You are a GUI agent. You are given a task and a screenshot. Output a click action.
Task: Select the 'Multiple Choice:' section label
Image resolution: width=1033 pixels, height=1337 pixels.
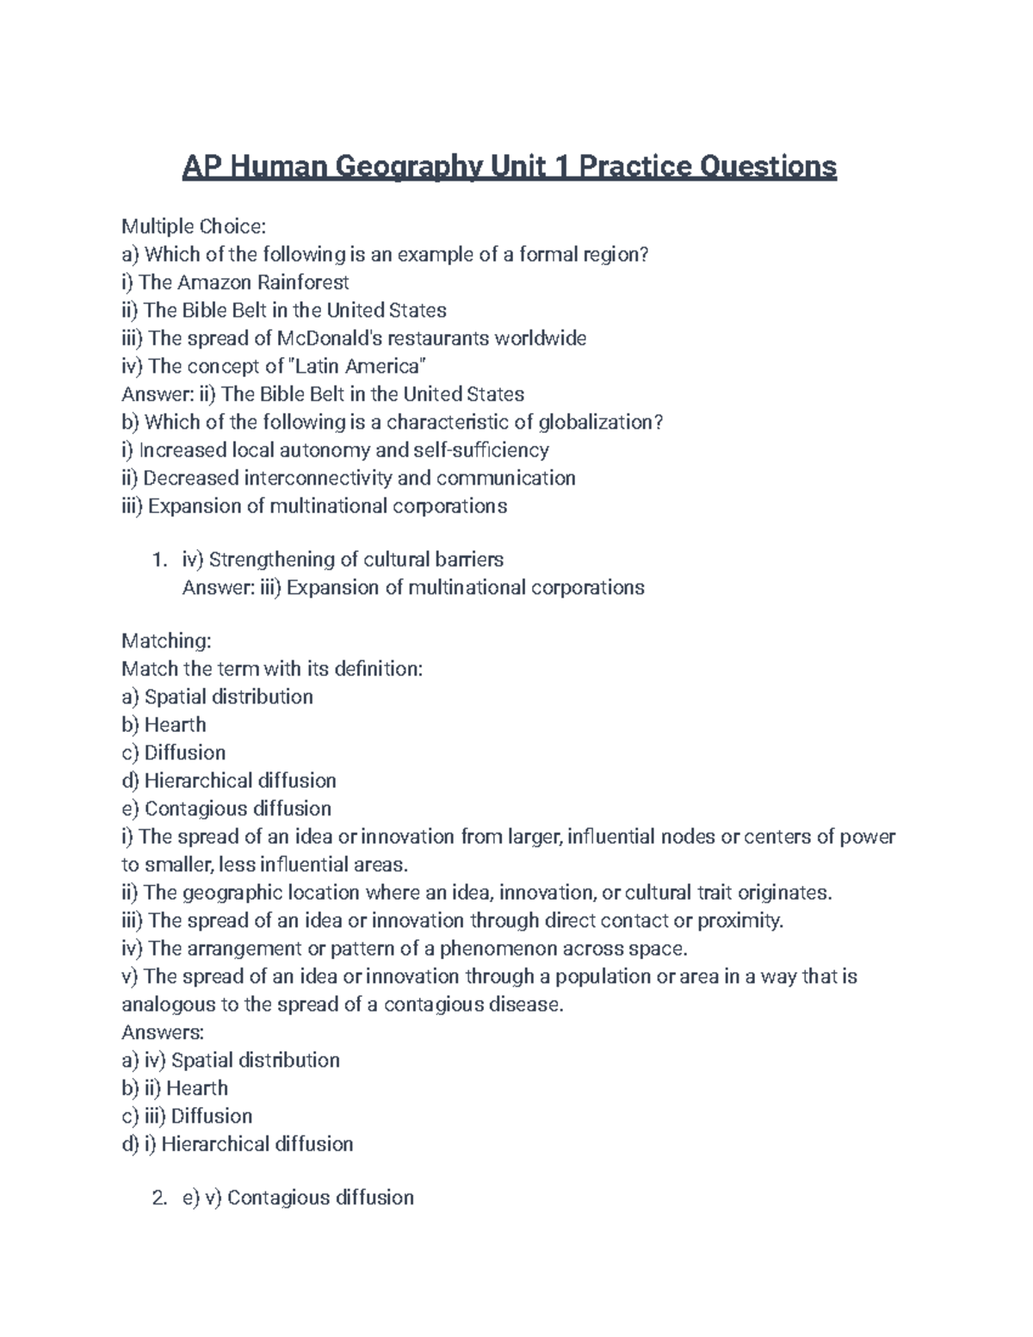[x=194, y=226]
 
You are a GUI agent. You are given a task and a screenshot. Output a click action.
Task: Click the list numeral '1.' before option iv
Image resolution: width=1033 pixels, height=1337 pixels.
[x=158, y=560]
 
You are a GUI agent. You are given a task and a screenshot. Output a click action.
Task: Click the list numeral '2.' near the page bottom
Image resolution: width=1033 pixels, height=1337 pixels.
[x=158, y=1198]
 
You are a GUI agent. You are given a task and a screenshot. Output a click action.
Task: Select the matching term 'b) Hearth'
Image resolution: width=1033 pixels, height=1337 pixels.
[x=164, y=725]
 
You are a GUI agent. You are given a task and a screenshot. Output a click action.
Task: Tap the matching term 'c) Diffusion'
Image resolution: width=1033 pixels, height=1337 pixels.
[x=173, y=752]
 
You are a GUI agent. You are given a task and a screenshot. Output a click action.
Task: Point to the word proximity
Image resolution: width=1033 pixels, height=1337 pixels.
[x=739, y=920]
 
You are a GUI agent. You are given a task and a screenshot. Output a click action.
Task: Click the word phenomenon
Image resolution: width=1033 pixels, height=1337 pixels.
[x=498, y=949]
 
